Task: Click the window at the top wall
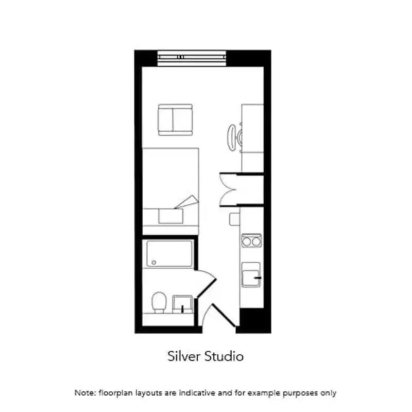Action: pyautogui.click(x=192, y=58)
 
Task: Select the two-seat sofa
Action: pyautogui.click(x=175, y=119)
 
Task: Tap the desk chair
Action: pyautogui.click(x=233, y=135)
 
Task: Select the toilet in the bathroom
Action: pyautogui.click(x=160, y=302)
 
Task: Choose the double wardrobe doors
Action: pyautogui.click(x=227, y=189)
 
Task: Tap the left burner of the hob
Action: pyautogui.click(x=246, y=241)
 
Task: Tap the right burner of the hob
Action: pyautogui.click(x=256, y=241)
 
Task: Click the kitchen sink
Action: pyautogui.click(x=251, y=273)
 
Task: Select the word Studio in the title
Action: pyautogui.click(x=224, y=356)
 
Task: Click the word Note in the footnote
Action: pyautogui.click(x=84, y=393)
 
